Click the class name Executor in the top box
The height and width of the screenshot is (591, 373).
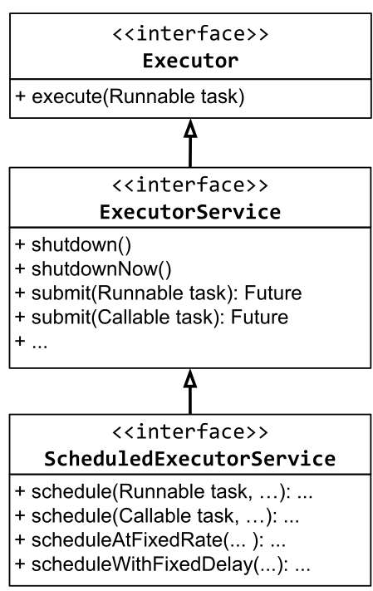pos(190,61)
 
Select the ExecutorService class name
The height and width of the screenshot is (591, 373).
pos(190,211)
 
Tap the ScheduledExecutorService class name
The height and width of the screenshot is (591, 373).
pos(190,458)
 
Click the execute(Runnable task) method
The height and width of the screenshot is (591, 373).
pos(130,97)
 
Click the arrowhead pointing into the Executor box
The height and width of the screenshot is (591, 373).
pos(190,129)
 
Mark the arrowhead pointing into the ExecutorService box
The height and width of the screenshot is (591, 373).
pos(190,377)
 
